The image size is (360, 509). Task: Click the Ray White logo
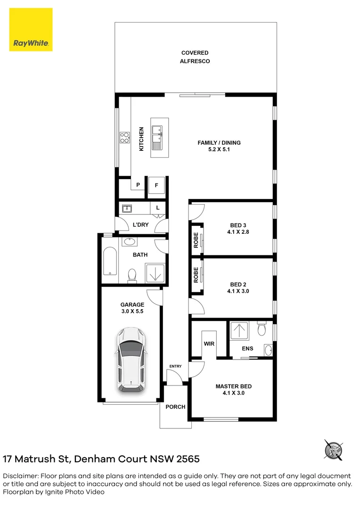tap(31, 30)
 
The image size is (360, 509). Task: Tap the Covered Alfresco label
tap(195, 57)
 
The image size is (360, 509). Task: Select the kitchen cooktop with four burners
tap(125, 137)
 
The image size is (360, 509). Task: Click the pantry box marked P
tap(138, 185)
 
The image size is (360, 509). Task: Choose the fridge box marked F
tap(156, 185)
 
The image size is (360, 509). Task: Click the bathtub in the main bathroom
tap(110, 261)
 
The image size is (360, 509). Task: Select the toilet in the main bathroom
tap(132, 275)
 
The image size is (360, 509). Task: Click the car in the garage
tap(131, 360)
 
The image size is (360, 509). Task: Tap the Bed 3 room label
tap(238, 229)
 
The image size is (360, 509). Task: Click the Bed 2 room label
tap(238, 287)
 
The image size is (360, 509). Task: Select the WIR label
tap(209, 344)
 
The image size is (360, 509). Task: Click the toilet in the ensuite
tap(262, 328)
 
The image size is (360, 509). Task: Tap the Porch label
tap(176, 407)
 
